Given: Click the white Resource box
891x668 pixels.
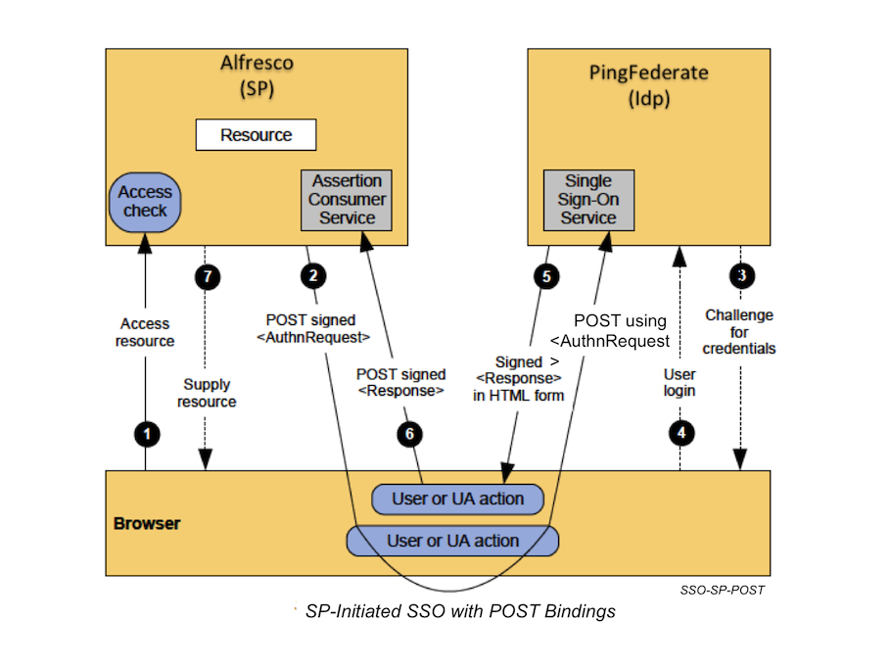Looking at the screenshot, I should tap(256, 135).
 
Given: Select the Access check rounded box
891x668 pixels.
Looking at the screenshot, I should tap(145, 201).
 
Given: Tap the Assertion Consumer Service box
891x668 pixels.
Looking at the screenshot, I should tap(347, 200).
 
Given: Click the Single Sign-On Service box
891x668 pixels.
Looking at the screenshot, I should tap(588, 200).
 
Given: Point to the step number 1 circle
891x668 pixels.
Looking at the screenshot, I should tap(147, 432).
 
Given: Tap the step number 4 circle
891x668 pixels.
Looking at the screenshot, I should tap(680, 432).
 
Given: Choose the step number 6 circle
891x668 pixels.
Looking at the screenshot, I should tap(411, 432).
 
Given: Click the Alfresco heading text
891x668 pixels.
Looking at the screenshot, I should tap(257, 64).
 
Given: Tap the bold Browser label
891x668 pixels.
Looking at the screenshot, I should tap(147, 523).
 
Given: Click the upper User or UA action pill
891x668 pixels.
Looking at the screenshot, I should tap(458, 499).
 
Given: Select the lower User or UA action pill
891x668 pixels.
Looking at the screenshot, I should tap(452, 541).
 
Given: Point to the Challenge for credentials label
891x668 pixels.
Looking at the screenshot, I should tap(739, 332).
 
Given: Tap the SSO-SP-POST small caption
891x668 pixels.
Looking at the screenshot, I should tap(722, 591).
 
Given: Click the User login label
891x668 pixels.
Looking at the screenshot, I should tap(680, 382).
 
